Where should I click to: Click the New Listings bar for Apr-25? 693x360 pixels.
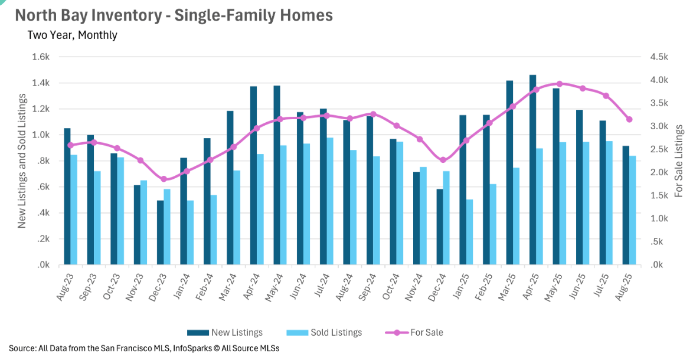pyautogui.click(x=532, y=170)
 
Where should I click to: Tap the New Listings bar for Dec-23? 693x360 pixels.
pyautogui.click(x=160, y=233)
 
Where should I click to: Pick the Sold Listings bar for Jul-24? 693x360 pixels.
pyautogui.click(x=330, y=201)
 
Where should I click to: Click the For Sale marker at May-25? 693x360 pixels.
pyautogui.click(x=560, y=84)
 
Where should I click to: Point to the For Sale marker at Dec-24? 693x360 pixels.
pyautogui.click(x=443, y=160)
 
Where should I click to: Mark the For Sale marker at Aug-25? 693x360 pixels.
pyautogui.click(x=629, y=119)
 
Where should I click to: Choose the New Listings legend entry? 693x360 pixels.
pyautogui.click(x=225, y=333)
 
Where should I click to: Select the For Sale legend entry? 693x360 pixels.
pyautogui.click(x=414, y=333)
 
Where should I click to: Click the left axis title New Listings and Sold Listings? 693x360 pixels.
pyautogui.click(x=22, y=161)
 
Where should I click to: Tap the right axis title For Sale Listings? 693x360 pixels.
pyautogui.click(x=679, y=161)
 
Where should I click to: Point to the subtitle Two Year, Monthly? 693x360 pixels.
pyautogui.click(x=72, y=35)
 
